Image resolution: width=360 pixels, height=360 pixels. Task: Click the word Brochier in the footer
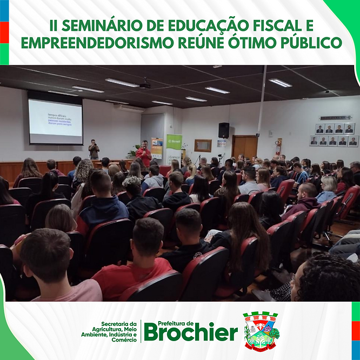pyautogui.click(x=190, y=332)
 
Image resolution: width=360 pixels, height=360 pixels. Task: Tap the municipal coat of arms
pyautogui.click(x=260, y=331)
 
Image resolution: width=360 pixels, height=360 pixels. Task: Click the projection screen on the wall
pyautogui.click(x=55, y=121)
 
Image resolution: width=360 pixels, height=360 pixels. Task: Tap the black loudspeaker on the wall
pyautogui.click(x=224, y=130)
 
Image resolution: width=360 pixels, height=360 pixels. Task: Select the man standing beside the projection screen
pyautogui.click(x=94, y=149)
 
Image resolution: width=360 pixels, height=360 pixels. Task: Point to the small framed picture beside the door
pyautogui.click(x=203, y=145)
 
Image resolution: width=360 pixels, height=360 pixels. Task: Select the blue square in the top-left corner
pyautogui.click(x=4, y=10)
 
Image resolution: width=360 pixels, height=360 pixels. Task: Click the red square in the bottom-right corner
pyautogui.click(x=356, y=330)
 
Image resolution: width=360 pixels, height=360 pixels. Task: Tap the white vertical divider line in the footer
pyautogui.click(x=141, y=331)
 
